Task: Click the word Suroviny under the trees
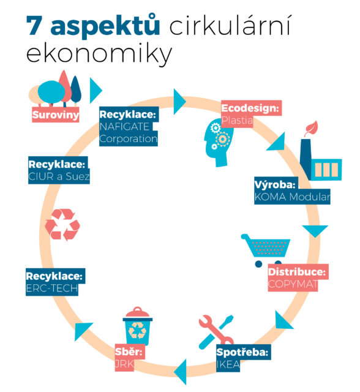tap(56, 115)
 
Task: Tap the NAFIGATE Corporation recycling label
tap(129, 127)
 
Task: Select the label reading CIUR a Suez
tap(59, 170)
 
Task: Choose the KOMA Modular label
tap(292, 190)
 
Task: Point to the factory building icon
tap(321, 160)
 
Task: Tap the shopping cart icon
tap(266, 250)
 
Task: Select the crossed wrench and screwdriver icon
tap(216, 332)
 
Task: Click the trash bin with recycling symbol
tap(137, 326)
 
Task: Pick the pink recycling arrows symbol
tap(62, 225)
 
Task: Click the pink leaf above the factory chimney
tap(311, 129)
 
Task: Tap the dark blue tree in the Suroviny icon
tap(76, 90)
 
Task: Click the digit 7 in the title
tap(35, 26)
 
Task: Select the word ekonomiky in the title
tap(99, 54)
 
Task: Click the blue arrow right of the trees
tap(96, 90)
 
